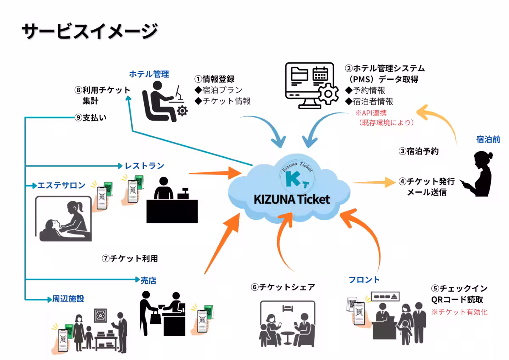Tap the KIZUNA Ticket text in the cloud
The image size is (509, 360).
point(291,200)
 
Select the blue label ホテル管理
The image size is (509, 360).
point(149,74)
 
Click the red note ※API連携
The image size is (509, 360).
point(371,113)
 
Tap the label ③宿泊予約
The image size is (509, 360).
point(418,151)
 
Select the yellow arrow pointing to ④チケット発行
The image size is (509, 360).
point(373,182)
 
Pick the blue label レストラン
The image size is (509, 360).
point(144,166)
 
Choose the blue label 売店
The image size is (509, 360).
point(148,281)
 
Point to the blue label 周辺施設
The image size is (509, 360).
point(68,299)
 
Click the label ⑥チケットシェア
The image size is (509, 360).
point(283,287)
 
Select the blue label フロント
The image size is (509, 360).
point(364,280)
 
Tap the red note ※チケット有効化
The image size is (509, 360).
point(459,312)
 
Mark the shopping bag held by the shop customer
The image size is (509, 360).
point(155,315)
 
